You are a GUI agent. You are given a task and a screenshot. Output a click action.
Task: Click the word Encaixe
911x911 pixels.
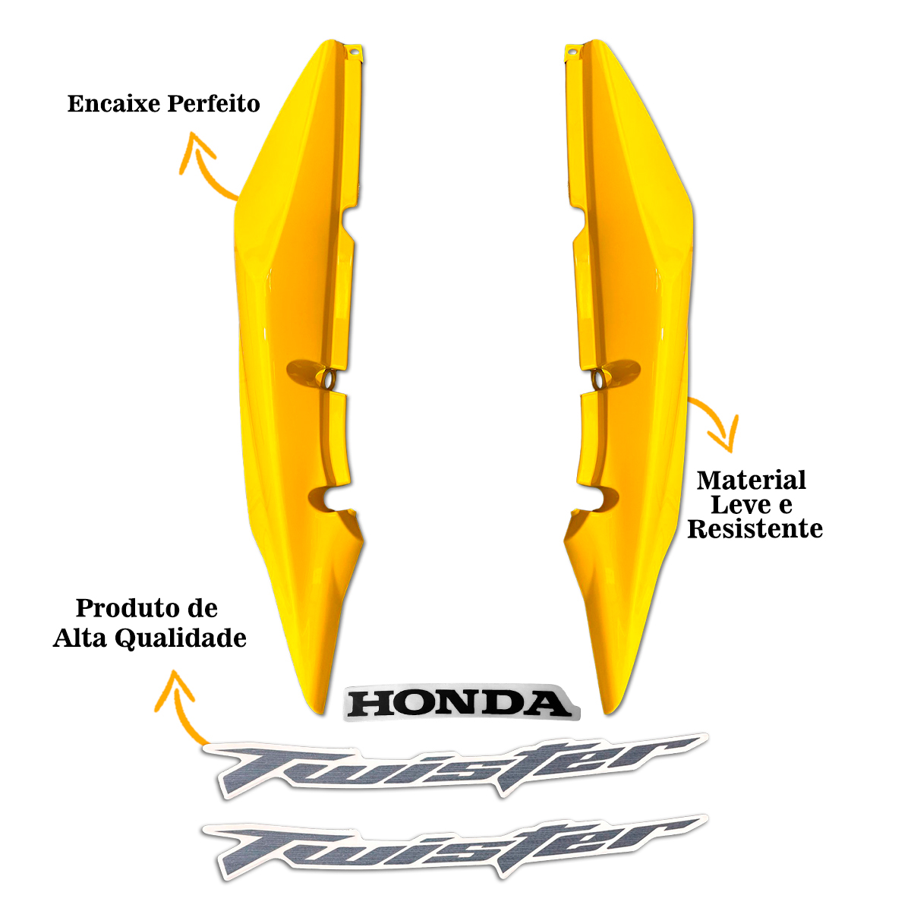[114, 104]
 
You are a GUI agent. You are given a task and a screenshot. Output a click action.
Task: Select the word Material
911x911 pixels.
[752, 481]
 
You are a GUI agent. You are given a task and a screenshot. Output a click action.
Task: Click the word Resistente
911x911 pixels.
[755, 529]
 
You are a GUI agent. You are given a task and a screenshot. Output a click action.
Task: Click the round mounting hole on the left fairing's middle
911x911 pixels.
[329, 378]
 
